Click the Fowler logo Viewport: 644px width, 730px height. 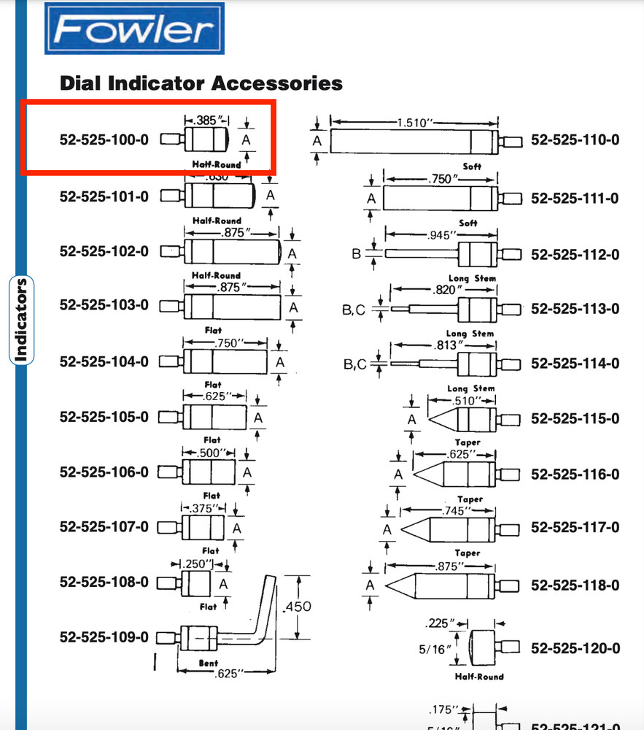[135, 29]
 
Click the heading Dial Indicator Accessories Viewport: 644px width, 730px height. [201, 83]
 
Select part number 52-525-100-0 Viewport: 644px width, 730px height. [104, 139]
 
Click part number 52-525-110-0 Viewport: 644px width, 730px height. [575, 139]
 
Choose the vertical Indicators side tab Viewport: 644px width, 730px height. [21, 320]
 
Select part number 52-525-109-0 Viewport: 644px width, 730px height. [104, 637]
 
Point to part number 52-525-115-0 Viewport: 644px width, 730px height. [575, 418]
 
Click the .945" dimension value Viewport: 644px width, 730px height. [441, 235]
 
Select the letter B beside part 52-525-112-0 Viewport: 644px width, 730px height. [357, 254]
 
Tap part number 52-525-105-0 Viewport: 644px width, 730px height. [104, 417]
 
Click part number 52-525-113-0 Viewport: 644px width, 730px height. [575, 309]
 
